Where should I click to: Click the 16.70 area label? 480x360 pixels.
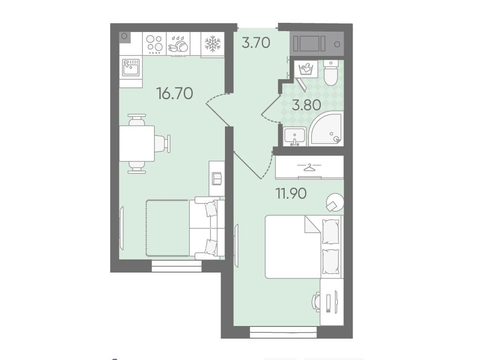tap(174, 93)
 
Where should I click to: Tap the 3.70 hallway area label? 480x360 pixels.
tap(256, 43)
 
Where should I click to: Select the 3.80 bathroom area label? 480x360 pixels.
tap(307, 105)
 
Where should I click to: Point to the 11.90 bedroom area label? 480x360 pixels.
tap(291, 193)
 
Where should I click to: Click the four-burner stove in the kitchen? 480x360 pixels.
tap(154, 43)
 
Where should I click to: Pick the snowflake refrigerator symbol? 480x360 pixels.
tap(212, 43)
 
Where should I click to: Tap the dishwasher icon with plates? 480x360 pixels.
tap(178, 44)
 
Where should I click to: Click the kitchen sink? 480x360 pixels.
tap(131, 68)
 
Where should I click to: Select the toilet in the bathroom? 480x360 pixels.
tap(330, 72)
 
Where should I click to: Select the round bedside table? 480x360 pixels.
tap(335, 202)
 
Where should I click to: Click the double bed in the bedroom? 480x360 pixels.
tap(303, 247)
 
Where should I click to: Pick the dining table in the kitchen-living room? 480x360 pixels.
tap(137, 143)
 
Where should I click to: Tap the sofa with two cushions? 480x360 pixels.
tap(207, 228)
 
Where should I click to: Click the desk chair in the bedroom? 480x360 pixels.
tap(316, 302)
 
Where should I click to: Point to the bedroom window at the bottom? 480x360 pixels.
tap(283, 332)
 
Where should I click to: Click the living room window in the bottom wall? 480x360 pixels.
tap(177, 266)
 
